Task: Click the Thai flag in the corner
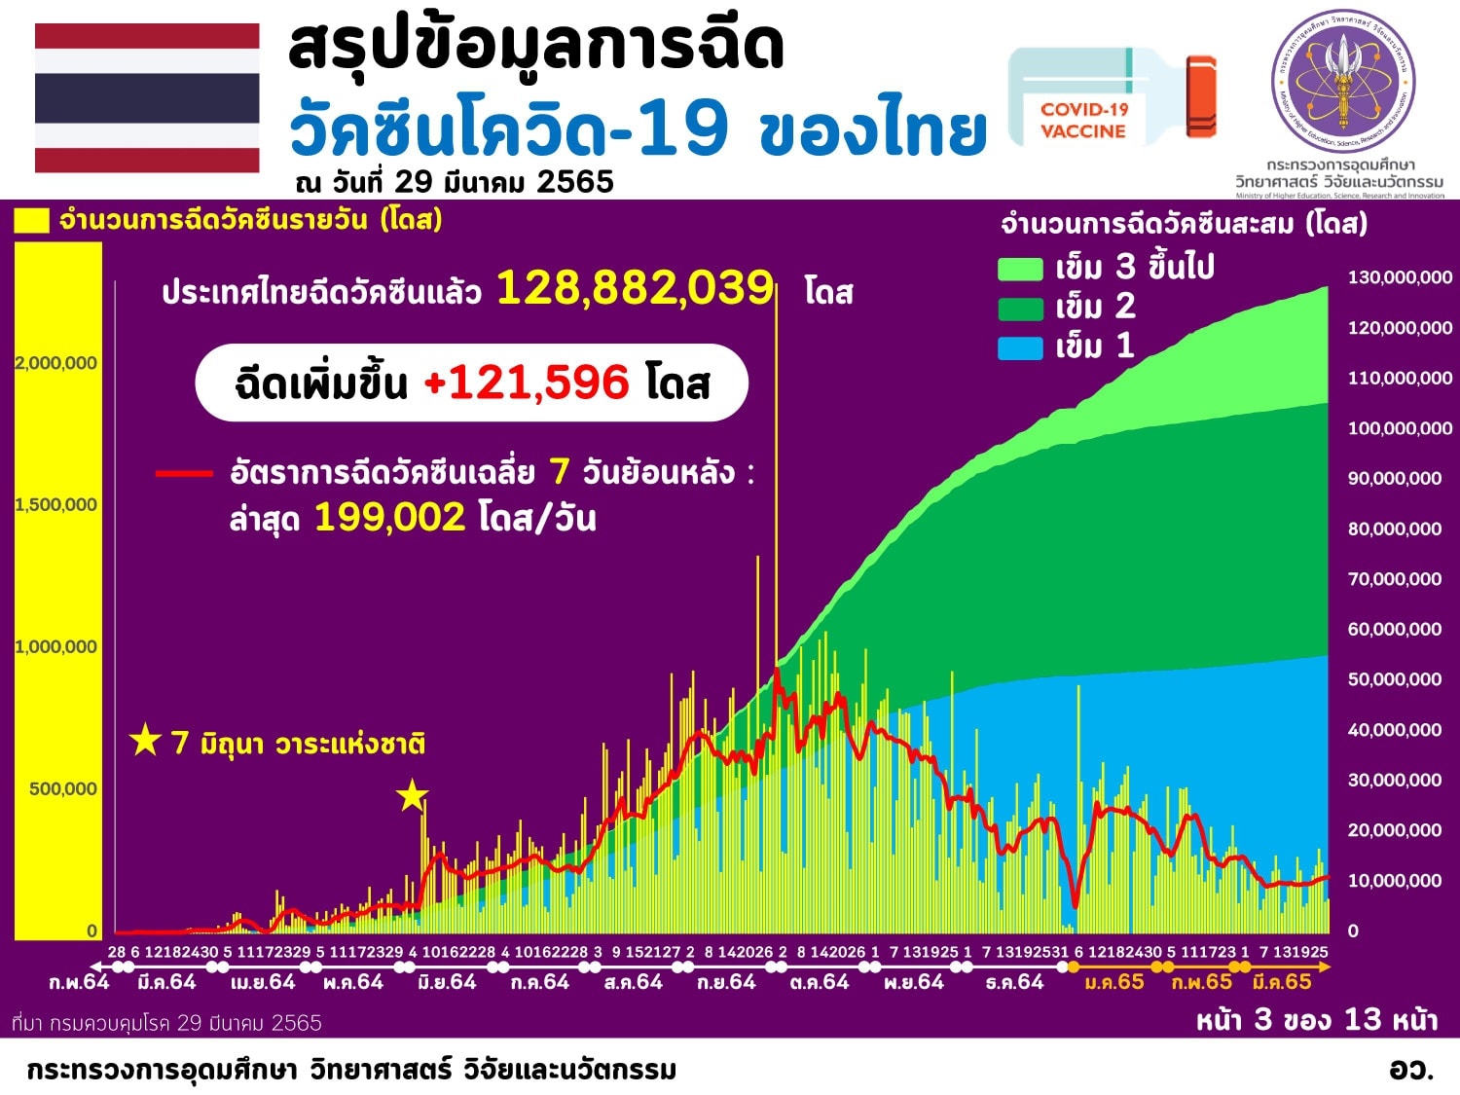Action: [x=147, y=98]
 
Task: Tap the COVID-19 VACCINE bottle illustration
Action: [x=1110, y=97]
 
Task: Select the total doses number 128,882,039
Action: [x=635, y=288]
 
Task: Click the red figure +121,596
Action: [x=527, y=383]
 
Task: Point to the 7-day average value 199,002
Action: [x=389, y=517]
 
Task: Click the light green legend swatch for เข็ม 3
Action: [x=1020, y=269]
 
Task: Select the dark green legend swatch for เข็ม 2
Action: [x=1020, y=309]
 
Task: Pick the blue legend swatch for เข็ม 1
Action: [x=1020, y=347]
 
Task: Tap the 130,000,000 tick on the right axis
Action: [x=1399, y=277]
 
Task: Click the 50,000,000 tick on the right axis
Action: [x=1394, y=679]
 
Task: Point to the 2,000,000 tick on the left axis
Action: [x=56, y=363]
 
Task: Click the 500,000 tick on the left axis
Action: [x=63, y=788]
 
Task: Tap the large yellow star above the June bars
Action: [x=412, y=796]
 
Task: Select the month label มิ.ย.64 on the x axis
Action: [x=447, y=982]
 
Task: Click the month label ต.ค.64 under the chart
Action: [x=820, y=982]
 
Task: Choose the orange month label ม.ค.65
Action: [x=1114, y=982]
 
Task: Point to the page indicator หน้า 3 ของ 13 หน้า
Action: [x=1316, y=1019]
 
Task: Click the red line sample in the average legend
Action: [x=184, y=474]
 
